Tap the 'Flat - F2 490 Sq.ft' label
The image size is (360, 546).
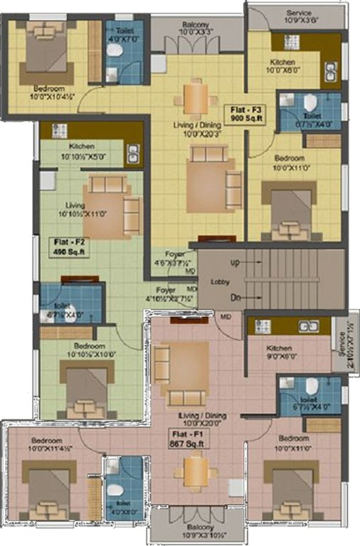click(x=70, y=247)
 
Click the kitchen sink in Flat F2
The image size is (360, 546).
click(x=132, y=153)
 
